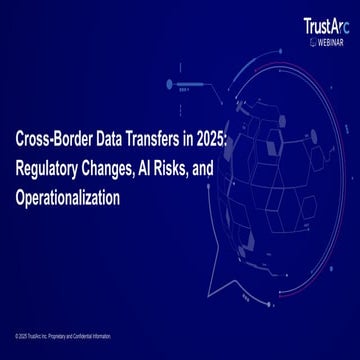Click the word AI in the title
(x=165, y=171)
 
